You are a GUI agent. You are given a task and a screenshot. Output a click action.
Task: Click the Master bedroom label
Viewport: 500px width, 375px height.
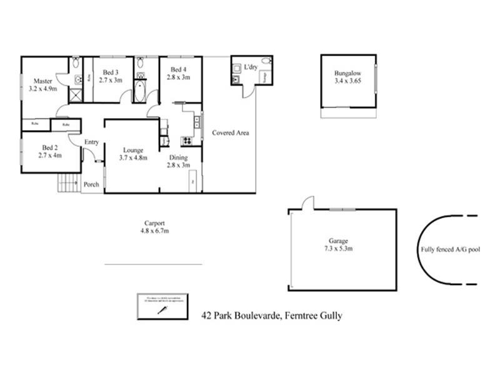42,81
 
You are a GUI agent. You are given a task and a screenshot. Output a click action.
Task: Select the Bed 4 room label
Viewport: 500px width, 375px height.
177,69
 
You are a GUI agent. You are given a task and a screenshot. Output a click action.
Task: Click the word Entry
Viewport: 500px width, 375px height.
91,142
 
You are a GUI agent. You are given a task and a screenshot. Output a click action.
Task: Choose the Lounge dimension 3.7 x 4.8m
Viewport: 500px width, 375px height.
133,157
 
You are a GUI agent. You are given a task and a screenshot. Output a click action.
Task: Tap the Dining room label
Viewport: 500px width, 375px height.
177,157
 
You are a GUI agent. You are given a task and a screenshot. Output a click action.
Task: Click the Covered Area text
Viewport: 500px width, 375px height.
231,132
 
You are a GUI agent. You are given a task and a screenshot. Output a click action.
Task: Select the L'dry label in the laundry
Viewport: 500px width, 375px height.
251,67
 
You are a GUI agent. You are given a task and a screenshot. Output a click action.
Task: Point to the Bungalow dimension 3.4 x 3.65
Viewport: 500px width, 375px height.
348,81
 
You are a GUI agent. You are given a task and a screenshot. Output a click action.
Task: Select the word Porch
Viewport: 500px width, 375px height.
91,184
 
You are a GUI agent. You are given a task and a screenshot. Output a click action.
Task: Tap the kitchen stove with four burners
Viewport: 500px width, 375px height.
185,140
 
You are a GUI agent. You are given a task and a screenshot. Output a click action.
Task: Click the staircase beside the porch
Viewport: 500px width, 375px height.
66,183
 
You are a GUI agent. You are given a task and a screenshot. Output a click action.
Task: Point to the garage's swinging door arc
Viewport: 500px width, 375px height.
306,202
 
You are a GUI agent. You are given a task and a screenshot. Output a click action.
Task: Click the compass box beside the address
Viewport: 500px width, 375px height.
162,307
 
